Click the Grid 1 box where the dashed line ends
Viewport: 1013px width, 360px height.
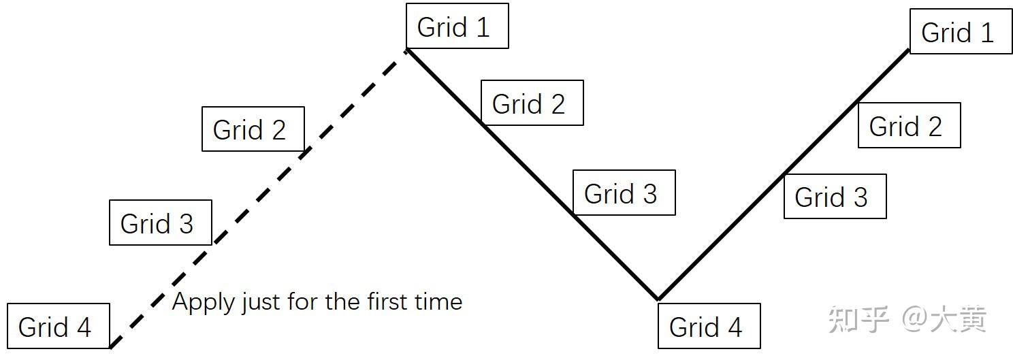click(x=456, y=27)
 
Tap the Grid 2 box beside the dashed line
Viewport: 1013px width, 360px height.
click(x=253, y=129)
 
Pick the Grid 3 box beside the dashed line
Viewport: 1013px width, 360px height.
click(x=160, y=223)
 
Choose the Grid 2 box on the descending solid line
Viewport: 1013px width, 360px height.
click(x=532, y=103)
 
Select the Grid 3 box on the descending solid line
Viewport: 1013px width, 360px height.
click(x=624, y=193)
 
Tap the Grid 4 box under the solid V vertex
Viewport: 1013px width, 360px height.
click(x=708, y=326)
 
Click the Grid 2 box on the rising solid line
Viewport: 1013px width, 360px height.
click(x=909, y=125)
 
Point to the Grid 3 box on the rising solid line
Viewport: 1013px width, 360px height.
click(x=834, y=197)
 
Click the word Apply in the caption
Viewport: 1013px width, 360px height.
click(x=197, y=301)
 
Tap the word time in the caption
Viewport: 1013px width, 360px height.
click(x=440, y=301)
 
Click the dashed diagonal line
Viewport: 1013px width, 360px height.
click(x=259, y=197)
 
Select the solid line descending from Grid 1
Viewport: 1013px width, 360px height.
click(x=531, y=173)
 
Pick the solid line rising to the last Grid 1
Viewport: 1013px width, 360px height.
click(x=783, y=174)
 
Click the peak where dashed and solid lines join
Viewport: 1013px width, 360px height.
click(x=407, y=50)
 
